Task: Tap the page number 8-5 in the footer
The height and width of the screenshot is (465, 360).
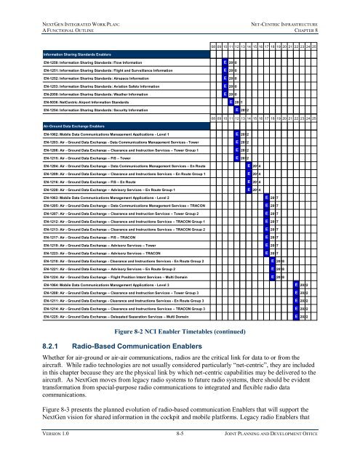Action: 179,451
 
